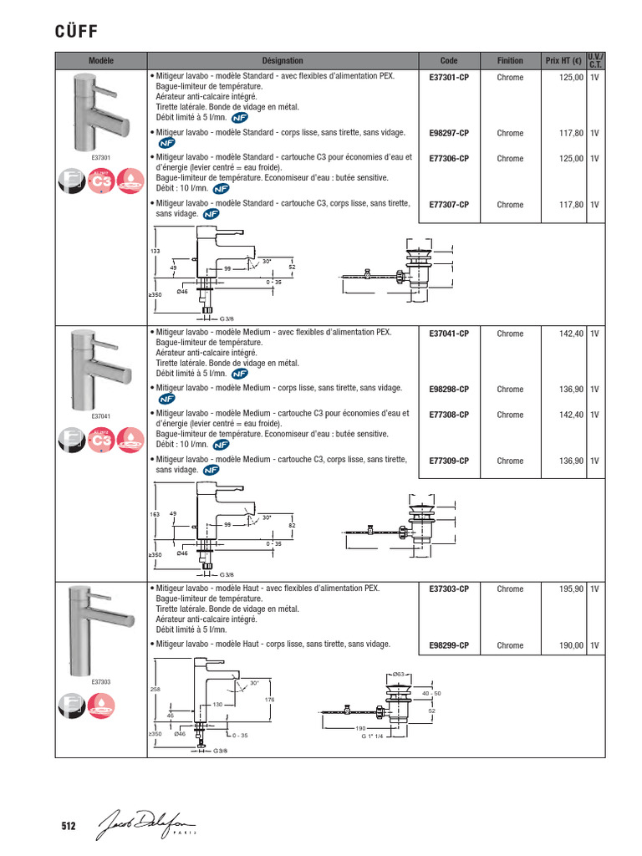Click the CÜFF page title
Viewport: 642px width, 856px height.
tap(77, 31)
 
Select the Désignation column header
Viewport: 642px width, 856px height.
tap(283, 61)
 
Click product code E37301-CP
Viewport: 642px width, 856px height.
tap(449, 78)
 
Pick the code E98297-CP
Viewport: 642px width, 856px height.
tap(449, 133)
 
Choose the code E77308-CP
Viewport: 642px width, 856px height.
tap(449, 415)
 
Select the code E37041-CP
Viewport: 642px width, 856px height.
tap(449, 334)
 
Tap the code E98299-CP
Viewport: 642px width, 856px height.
tap(449, 645)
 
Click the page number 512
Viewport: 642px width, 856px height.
tap(69, 827)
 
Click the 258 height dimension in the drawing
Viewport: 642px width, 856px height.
tap(155, 690)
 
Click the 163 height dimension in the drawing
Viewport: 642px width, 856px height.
tap(155, 514)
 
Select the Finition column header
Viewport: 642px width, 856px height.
tap(510, 61)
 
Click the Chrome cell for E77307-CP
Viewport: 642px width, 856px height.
tap(510, 205)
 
